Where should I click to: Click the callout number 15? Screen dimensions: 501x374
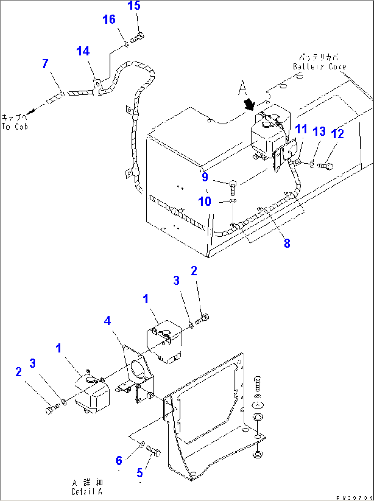(134, 5)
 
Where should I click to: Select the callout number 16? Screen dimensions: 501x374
(109, 20)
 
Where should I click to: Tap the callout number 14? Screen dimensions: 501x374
(83, 51)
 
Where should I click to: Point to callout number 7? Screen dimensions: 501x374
(45, 64)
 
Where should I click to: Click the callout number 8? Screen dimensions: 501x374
(287, 243)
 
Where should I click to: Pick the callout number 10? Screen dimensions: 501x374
(205, 201)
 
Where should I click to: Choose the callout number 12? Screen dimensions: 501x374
(337, 134)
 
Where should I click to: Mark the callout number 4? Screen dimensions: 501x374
(107, 321)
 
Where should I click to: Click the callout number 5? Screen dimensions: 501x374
(139, 473)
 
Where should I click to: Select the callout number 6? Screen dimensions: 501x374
(119, 461)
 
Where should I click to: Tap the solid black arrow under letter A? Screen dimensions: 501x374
(250, 105)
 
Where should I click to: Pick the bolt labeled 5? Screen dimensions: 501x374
(154, 451)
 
